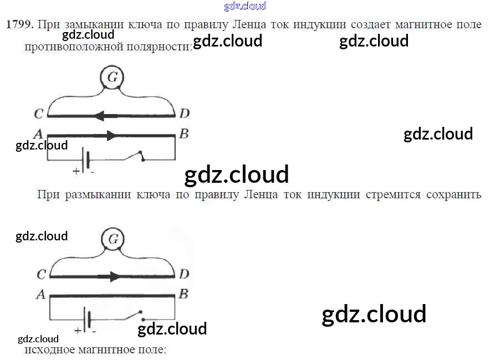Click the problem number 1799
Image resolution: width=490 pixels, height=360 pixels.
click(x=20, y=24)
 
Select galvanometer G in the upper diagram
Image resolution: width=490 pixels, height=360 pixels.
click(x=112, y=78)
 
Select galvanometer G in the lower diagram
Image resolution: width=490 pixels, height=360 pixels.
click(x=113, y=239)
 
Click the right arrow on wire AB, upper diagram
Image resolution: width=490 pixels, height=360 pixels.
click(x=109, y=135)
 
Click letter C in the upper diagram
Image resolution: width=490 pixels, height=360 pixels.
click(x=38, y=115)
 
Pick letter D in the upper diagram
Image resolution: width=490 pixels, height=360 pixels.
click(x=184, y=114)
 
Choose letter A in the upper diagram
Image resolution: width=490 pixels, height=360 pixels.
click(x=38, y=134)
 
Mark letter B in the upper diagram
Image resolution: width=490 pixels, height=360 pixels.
click(x=184, y=134)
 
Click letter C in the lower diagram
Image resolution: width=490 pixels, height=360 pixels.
click(x=41, y=274)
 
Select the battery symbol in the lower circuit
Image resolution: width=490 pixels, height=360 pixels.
click(x=86, y=320)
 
